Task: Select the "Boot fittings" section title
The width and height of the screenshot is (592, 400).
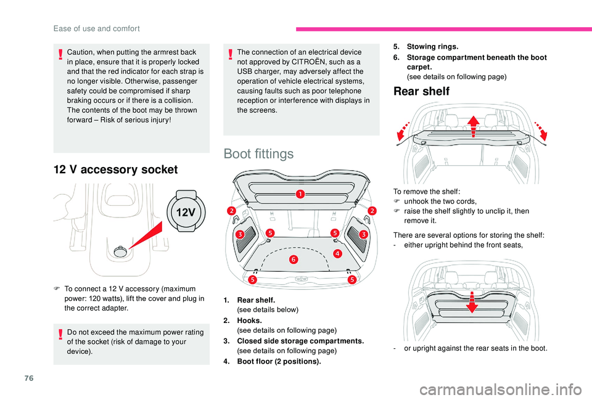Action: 258,153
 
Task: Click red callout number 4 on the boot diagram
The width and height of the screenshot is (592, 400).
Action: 337,253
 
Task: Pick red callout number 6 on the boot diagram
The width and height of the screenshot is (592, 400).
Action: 294,259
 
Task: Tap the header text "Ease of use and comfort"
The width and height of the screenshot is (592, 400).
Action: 105,28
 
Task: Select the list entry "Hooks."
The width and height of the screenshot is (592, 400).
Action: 249,320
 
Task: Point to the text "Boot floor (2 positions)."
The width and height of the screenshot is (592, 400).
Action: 279,361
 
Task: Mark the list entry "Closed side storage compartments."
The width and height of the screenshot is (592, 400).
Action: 300,341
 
